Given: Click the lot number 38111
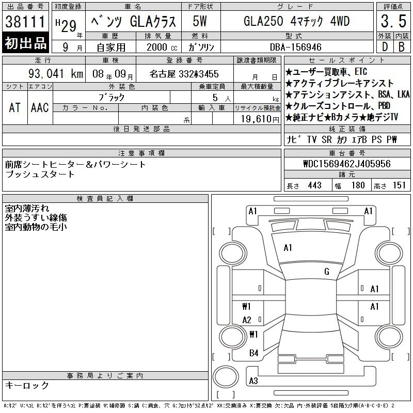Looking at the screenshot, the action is pyautogui.click(x=25, y=21).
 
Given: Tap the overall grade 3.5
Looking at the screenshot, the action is pyautogui.click(x=393, y=21).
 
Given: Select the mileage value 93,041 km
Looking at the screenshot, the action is pyautogui.click(x=56, y=73).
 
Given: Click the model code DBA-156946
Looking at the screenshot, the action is pyautogui.click(x=295, y=47).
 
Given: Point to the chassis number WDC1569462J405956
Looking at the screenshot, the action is pyautogui.click(x=347, y=164).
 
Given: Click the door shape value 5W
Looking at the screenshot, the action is pyautogui.click(x=200, y=21).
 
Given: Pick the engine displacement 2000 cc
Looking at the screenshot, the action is pyautogui.click(x=162, y=47).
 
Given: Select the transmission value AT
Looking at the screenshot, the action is pyautogui.click(x=14, y=107).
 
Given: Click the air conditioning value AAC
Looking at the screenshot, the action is pyautogui.click(x=40, y=107).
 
